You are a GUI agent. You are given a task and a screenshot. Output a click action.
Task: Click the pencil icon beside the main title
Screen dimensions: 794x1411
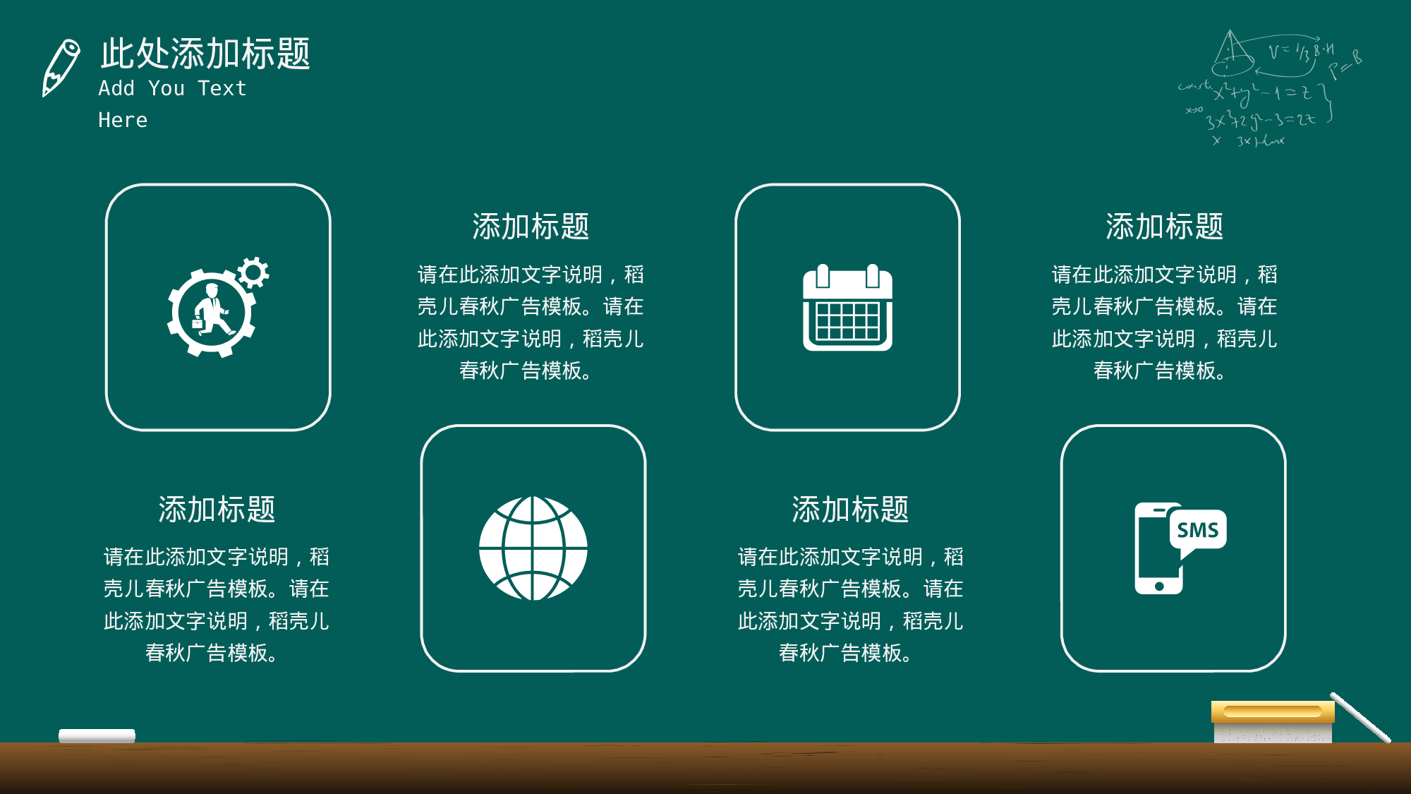pyautogui.click(x=61, y=67)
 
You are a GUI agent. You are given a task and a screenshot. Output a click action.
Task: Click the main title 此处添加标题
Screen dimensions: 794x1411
pyautogui.click(x=205, y=54)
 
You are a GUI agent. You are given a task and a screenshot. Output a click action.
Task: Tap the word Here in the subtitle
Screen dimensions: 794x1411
pyautogui.click(x=123, y=120)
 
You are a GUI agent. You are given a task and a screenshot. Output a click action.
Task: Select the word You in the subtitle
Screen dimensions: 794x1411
pyautogui.click(x=166, y=88)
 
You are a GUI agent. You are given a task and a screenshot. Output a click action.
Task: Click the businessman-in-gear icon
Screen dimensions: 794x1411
pyautogui.click(x=212, y=313)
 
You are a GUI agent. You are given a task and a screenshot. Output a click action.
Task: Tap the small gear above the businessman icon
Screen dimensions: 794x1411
pyautogui.click(x=253, y=272)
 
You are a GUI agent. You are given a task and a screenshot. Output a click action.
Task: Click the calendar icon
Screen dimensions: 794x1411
pyautogui.click(x=847, y=308)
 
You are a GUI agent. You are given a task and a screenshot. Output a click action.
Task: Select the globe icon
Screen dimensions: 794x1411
pyautogui.click(x=533, y=548)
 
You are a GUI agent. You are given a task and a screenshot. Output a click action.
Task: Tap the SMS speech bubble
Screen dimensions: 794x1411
pyautogui.click(x=1198, y=530)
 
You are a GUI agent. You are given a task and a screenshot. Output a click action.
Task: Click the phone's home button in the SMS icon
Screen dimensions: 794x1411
pyautogui.click(x=1159, y=586)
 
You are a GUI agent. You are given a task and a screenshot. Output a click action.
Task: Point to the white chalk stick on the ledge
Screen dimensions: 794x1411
pyautogui.click(x=97, y=735)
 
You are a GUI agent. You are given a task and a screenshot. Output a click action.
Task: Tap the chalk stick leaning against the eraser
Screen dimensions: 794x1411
pyautogui.click(x=1360, y=717)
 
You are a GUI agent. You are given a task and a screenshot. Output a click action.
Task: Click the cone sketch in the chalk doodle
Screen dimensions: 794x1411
pyautogui.click(x=1232, y=54)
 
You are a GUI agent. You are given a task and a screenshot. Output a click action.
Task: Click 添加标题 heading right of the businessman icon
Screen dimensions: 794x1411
pyautogui.click(x=531, y=227)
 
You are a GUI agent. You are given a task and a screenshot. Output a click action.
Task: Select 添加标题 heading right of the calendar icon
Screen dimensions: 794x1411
pyautogui.click(x=1164, y=227)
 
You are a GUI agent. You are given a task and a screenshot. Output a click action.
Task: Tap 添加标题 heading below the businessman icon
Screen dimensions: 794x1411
pyautogui.click(x=217, y=509)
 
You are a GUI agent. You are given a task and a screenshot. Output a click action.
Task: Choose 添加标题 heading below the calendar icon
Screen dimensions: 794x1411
pyautogui.click(x=850, y=509)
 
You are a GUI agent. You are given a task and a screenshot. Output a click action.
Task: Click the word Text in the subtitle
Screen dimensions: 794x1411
pyautogui.click(x=222, y=88)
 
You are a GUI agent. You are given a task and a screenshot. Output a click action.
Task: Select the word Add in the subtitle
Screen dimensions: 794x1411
pyautogui.click(x=116, y=88)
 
